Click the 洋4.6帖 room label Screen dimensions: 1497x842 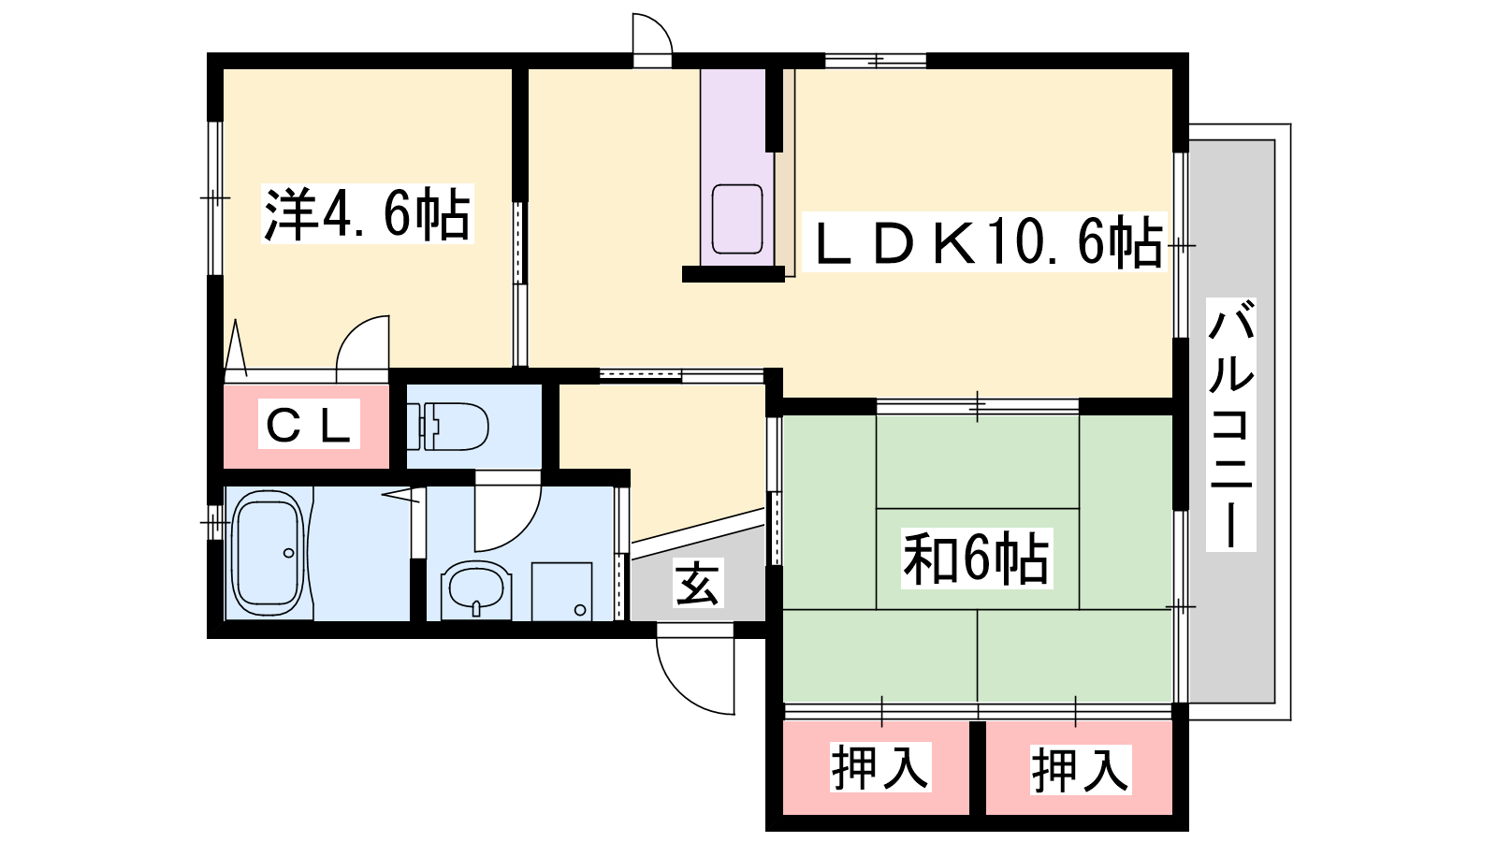[367, 213]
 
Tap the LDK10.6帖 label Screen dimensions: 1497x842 [984, 241]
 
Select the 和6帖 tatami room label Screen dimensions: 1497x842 [977, 558]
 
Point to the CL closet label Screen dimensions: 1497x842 [309, 424]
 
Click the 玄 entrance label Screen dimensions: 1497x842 [698, 583]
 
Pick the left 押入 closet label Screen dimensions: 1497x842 [880, 767]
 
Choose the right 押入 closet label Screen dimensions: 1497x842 [1081, 770]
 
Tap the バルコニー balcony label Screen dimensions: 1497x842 [1231, 425]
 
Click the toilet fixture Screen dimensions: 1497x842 [447, 426]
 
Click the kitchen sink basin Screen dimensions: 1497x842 [737, 219]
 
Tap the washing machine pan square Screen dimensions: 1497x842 [562, 592]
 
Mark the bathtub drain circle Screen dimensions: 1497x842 [289, 553]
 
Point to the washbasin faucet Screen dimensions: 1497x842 [476, 608]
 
